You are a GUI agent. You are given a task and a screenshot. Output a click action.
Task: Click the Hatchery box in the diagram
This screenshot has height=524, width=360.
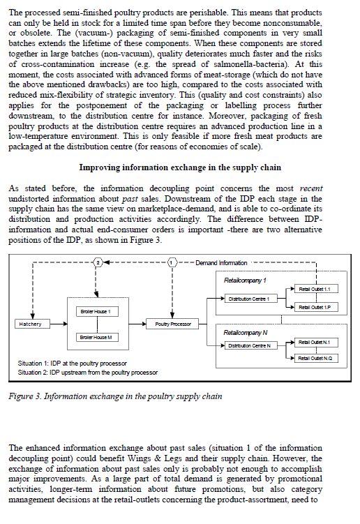31,324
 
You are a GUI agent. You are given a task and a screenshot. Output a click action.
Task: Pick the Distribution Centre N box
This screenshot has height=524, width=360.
253,345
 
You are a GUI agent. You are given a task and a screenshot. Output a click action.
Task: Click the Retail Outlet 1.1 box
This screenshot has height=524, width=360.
317,288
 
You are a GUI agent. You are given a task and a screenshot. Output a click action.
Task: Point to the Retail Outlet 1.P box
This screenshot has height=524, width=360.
317,307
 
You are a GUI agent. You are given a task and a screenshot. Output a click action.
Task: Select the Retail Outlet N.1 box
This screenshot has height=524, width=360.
317,341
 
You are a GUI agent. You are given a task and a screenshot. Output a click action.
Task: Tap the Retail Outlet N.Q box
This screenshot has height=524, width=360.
317,358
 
